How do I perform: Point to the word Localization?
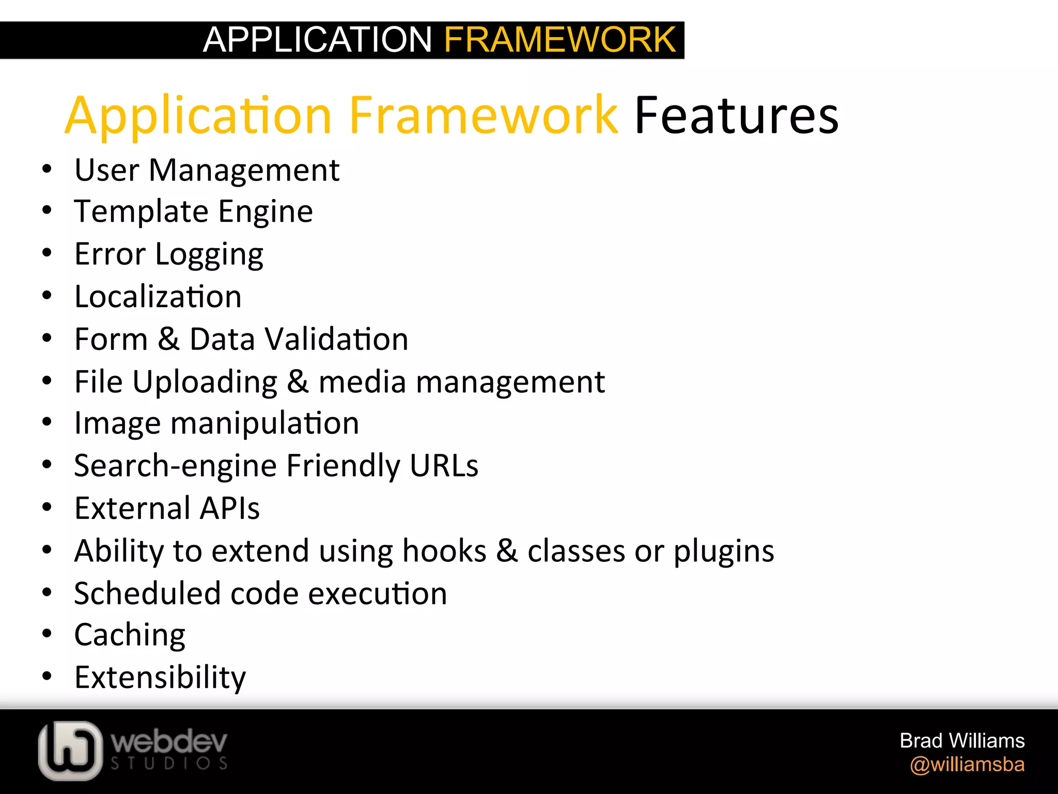pyautogui.click(x=158, y=297)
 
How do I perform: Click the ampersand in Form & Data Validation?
pyautogui.click(x=169, y=339)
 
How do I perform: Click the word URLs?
pyautogui.click(x=444, y=466)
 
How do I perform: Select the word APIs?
pyautogui.click(x=229, y=508)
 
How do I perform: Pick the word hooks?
pyautogui.click(x=444, y=551)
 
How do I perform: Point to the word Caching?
pyautogui.click(x=130, y=636)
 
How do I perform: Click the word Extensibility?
pyautogui.click(x=160, y=678)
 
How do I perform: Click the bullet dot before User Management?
pyautogui.click(x=47, y=170)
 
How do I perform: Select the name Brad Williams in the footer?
pyautogui.click(x=962, y=741)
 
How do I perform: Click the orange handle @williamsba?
pyautogui.click(x=967, y=765)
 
